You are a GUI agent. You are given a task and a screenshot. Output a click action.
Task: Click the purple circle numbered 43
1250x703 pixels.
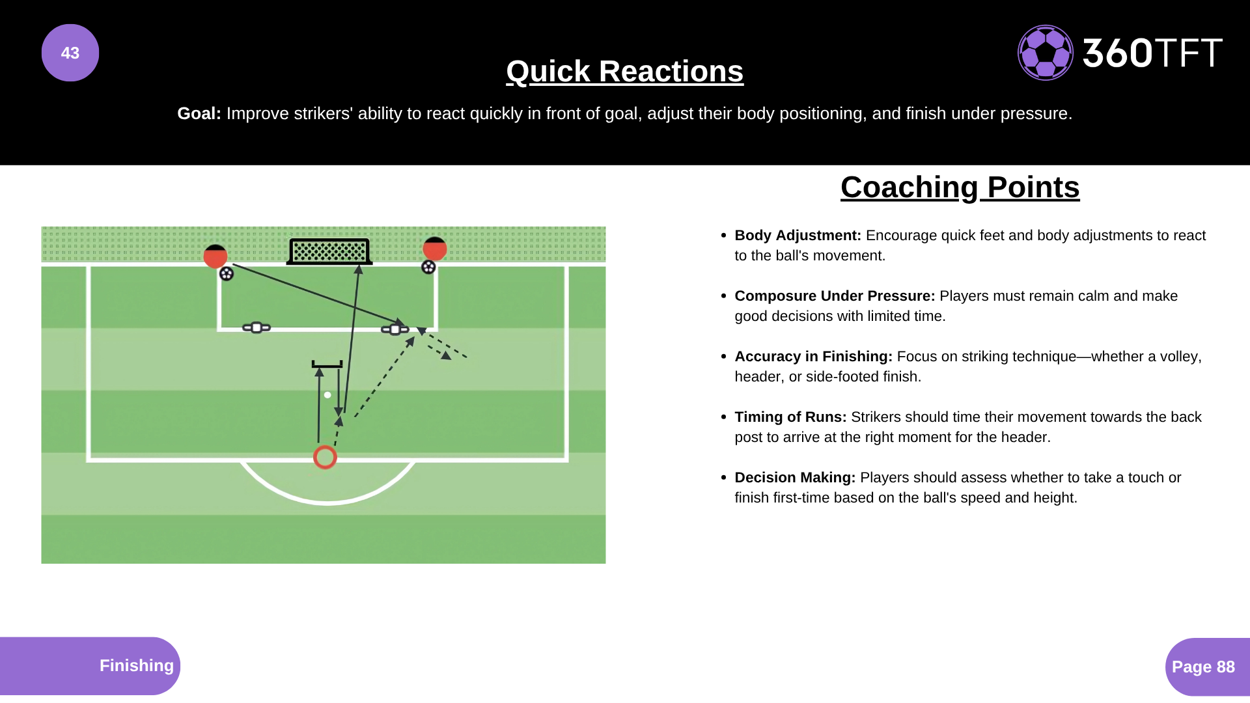click(70, 53)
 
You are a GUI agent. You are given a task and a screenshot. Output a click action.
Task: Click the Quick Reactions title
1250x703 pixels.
click(625, 72)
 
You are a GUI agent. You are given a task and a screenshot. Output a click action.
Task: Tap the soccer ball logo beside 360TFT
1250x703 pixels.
click(1046, 53)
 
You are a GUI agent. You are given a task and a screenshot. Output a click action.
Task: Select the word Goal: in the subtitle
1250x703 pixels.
click(199, 113)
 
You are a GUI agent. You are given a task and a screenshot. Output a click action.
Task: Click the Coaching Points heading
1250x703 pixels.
click(960, 187)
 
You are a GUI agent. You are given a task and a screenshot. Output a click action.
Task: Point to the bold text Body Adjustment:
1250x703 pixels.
click(798, 236)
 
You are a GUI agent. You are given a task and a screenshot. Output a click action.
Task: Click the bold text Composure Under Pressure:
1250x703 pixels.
click(835, 296)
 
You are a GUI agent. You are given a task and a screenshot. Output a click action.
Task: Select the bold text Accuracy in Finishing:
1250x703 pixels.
click(813, 357)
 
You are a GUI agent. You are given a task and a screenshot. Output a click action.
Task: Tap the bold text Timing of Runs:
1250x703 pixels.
click(790, 417)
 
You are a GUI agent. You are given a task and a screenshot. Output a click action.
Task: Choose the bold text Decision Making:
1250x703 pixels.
click(795, 478)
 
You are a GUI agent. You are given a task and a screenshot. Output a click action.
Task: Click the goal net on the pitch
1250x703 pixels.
click(329, 251)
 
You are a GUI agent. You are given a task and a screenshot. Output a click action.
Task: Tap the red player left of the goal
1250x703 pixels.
click(215, 256)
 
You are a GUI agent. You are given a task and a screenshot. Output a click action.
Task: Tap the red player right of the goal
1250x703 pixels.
click(434, 249)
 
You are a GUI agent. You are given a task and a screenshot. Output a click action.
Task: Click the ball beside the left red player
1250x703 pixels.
click(226, 274)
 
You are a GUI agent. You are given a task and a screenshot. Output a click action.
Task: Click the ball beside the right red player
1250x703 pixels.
click(428, 267)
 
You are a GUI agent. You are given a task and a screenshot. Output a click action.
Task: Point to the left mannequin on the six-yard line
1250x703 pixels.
click(257, 327)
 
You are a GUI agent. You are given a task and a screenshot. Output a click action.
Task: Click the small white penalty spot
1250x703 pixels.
click(327, 395)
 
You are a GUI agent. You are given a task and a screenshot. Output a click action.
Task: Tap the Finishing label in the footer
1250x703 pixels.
click(137, 665)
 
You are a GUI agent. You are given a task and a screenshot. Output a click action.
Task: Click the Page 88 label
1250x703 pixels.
click(1203, 667)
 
